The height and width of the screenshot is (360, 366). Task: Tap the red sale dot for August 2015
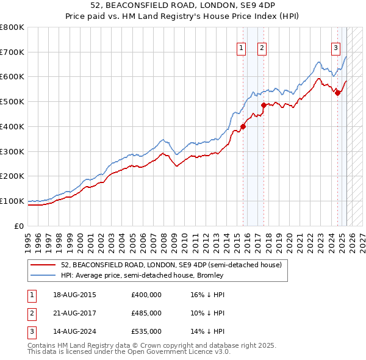pyautogui.click(x=243, y=127)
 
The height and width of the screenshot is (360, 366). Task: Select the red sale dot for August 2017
pyautogui.click(x=264, y=105)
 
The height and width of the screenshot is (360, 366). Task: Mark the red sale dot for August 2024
pyautogui.click(x=337, y=93)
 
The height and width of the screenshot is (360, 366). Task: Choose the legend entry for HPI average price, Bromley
pyautogui.click(x=142, y=275)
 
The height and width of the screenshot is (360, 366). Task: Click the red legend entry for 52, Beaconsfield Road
pyautogui.click(x=171, y=265)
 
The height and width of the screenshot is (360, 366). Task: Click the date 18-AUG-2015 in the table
pyautogui.click(x=74, y=295)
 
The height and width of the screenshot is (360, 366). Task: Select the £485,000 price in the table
pyautogui.click(x=146, y=313)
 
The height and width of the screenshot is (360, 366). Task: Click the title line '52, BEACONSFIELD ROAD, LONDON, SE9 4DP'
pyautogui.click(x=183, y=6)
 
